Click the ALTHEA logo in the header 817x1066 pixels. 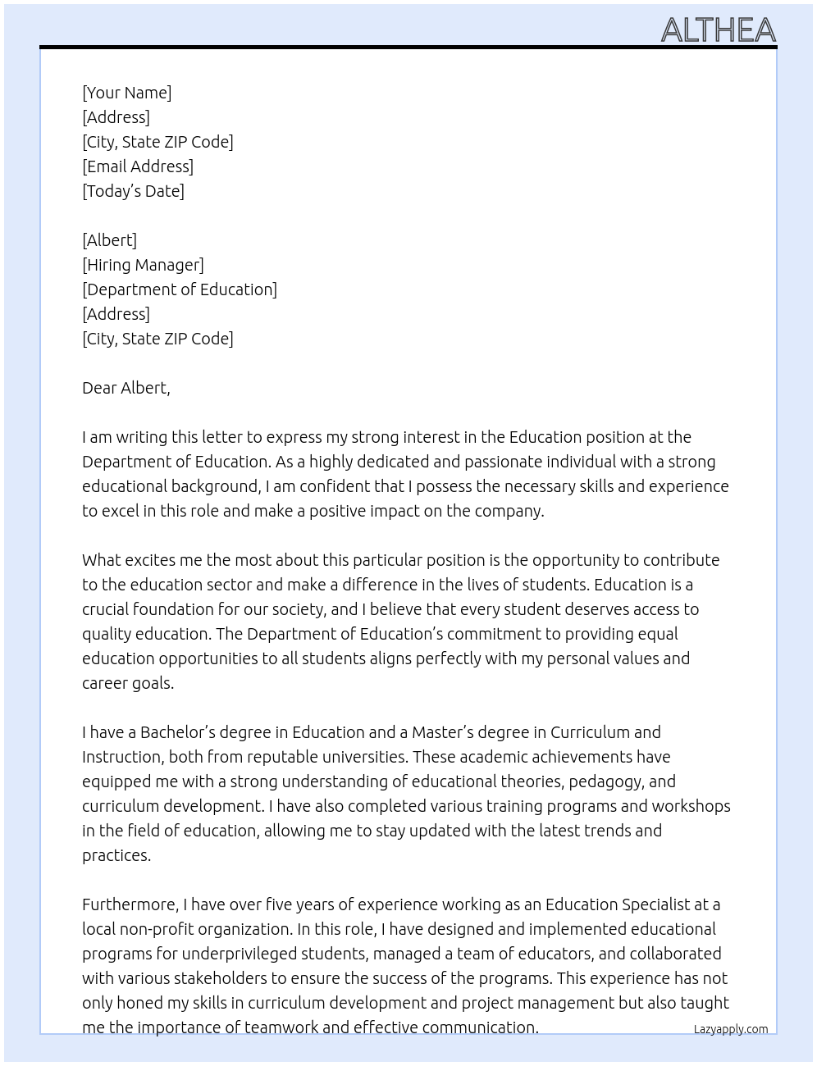718,30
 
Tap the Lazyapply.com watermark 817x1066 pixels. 730,1029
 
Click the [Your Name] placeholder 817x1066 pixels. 126,93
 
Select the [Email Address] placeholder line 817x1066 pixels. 138,166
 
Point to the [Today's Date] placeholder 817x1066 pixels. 133,191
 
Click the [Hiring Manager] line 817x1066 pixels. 143,265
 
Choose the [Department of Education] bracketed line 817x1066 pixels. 180,289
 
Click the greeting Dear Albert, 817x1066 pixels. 126,388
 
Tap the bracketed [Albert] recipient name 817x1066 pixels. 109,240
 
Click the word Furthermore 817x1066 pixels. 130,904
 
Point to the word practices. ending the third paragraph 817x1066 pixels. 116,855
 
